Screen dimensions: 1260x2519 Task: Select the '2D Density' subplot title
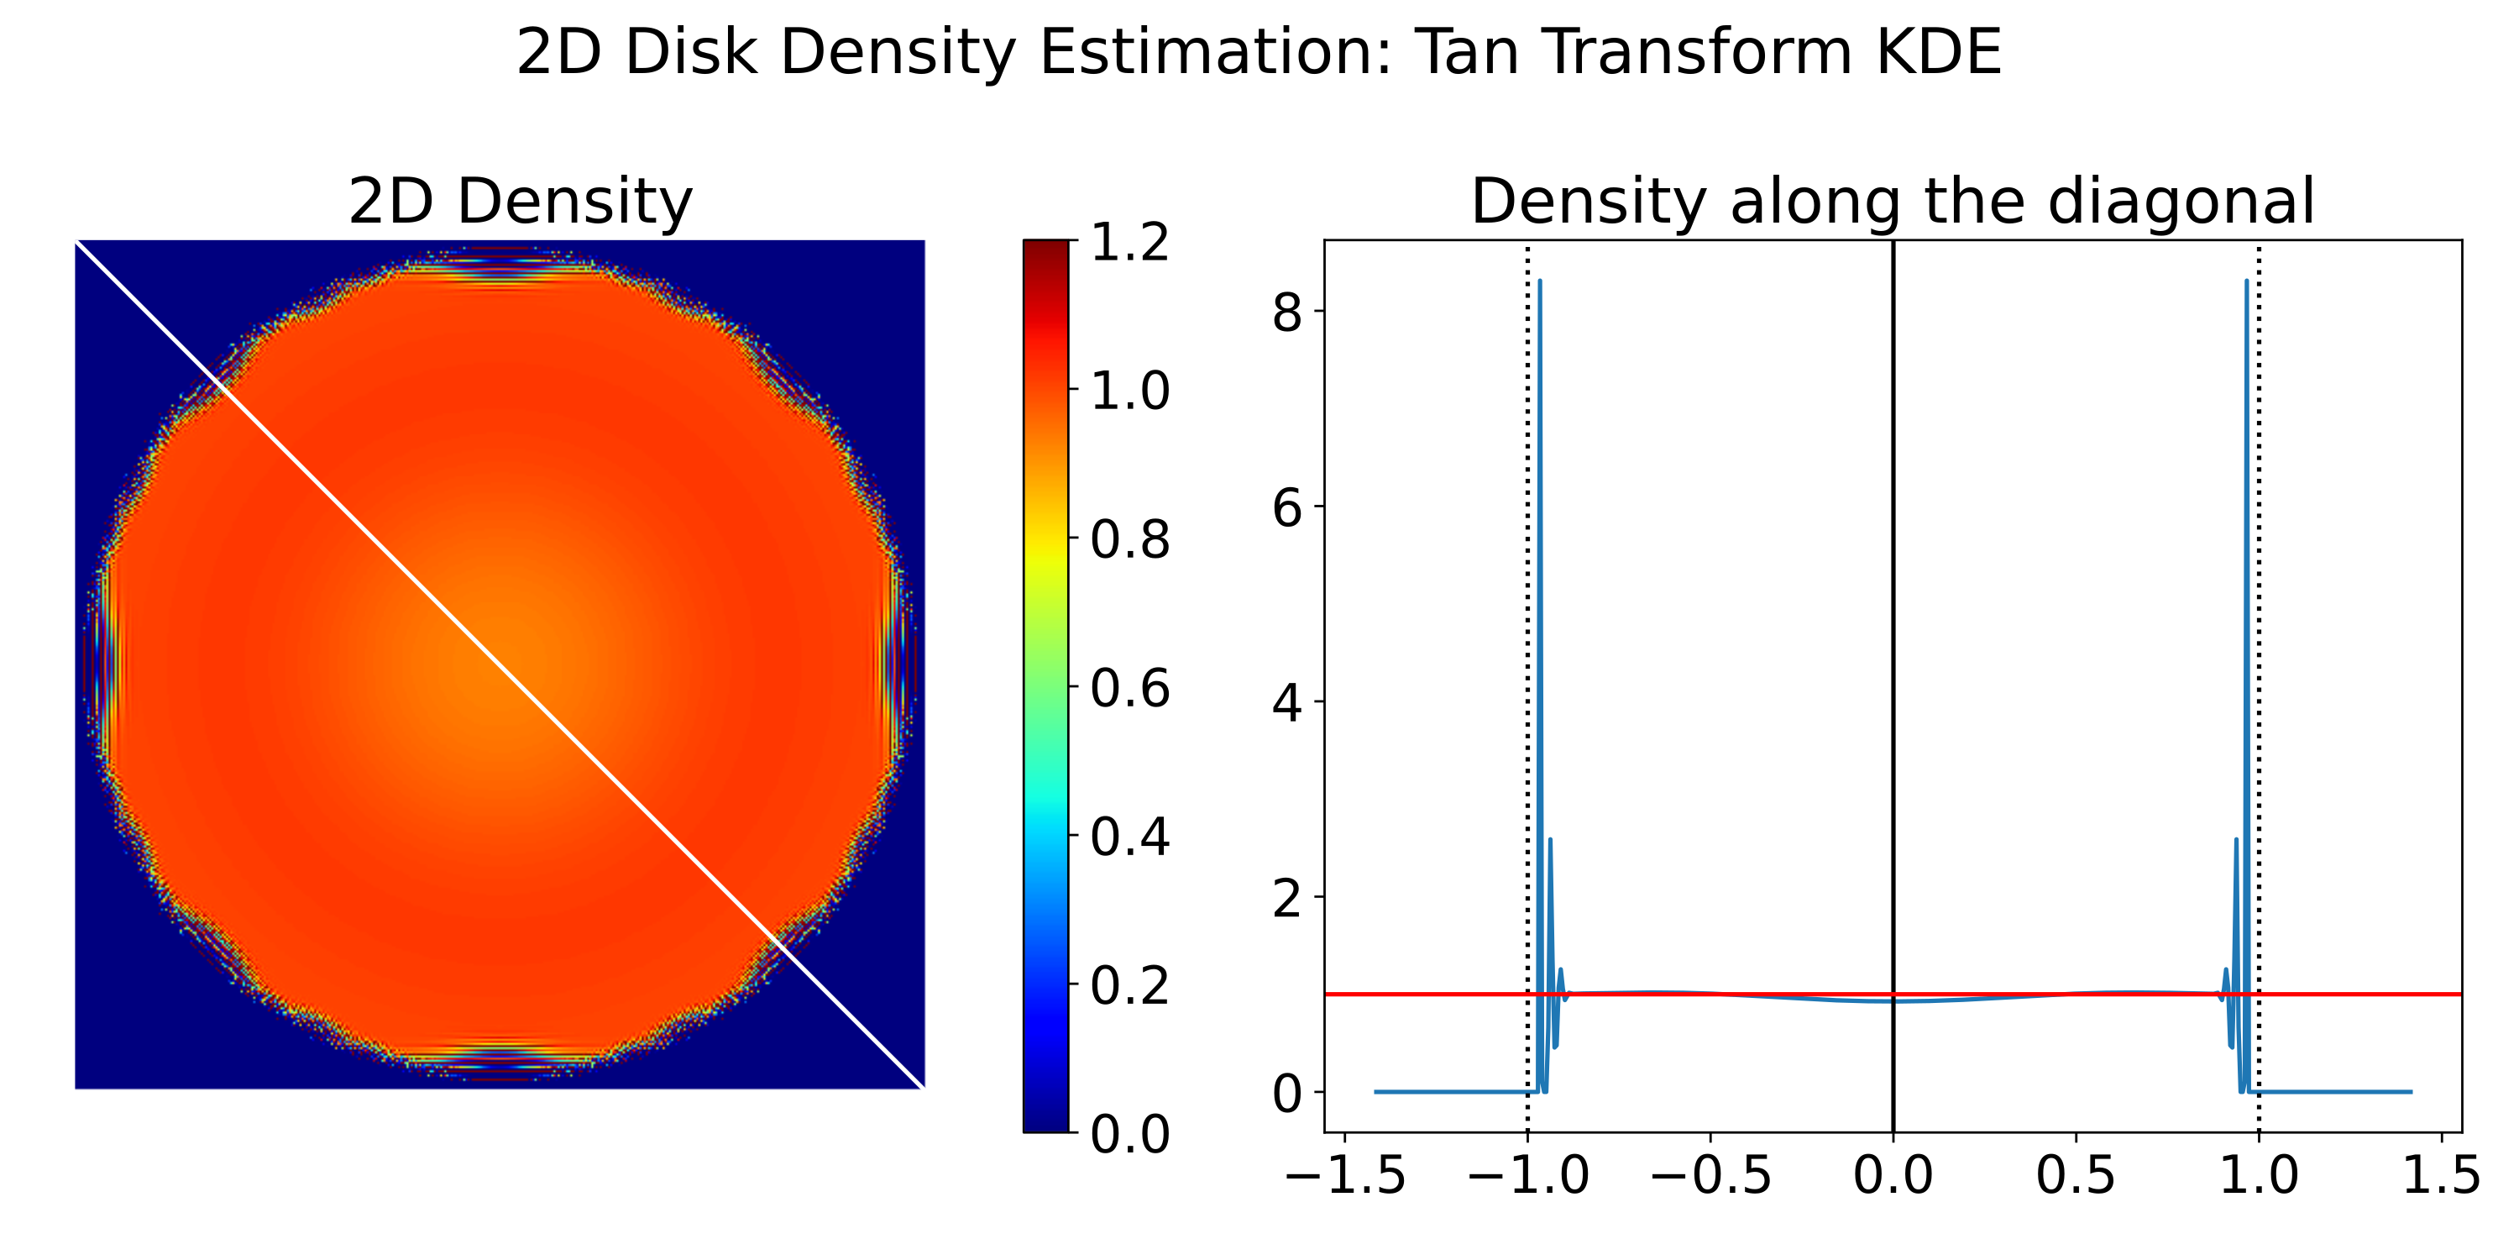(x=521, y=202)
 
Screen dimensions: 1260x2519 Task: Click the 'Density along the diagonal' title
(x=1892, y=202)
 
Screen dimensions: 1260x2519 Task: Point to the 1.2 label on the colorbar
(x=1129, y=242)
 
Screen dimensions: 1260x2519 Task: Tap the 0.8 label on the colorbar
(x=1129, y=540)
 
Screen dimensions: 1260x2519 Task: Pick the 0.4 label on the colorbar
(x=1129, y=837)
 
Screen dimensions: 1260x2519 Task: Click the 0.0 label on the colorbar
(x=1129, y=1135)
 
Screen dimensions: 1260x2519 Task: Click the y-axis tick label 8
(x=1287, y=313)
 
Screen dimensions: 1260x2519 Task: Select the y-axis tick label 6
(x=1287, y=507)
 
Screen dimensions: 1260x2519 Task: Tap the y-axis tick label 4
(x=1287, y=702)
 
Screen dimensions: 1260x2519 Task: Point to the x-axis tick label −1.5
(x=1344, y=1175)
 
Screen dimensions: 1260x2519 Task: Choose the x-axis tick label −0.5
(x=1710, y=1175)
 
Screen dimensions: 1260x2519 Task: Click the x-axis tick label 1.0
(x=2259, y=1175)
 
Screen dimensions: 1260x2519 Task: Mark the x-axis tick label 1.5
(x=2442, y=1175)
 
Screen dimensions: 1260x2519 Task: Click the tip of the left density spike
(x=1539, y=281)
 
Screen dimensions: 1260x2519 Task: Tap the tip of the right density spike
(x=2246, y=281)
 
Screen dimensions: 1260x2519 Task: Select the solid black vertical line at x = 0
(x=1893, y=587)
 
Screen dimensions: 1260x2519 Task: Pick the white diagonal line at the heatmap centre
(x=500, y=664)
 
